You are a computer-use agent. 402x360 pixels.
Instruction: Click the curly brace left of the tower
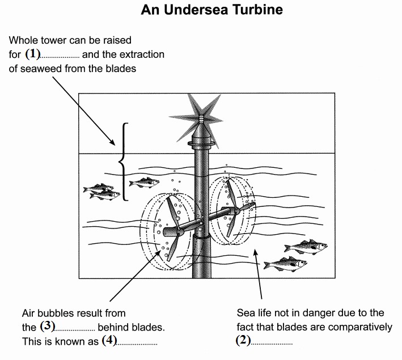click(122, 162)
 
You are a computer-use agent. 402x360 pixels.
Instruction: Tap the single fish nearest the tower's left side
click(144, 183)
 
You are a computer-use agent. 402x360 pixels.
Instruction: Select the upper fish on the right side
click(306, 247)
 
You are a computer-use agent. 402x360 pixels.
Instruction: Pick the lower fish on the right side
click(285, 264)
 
